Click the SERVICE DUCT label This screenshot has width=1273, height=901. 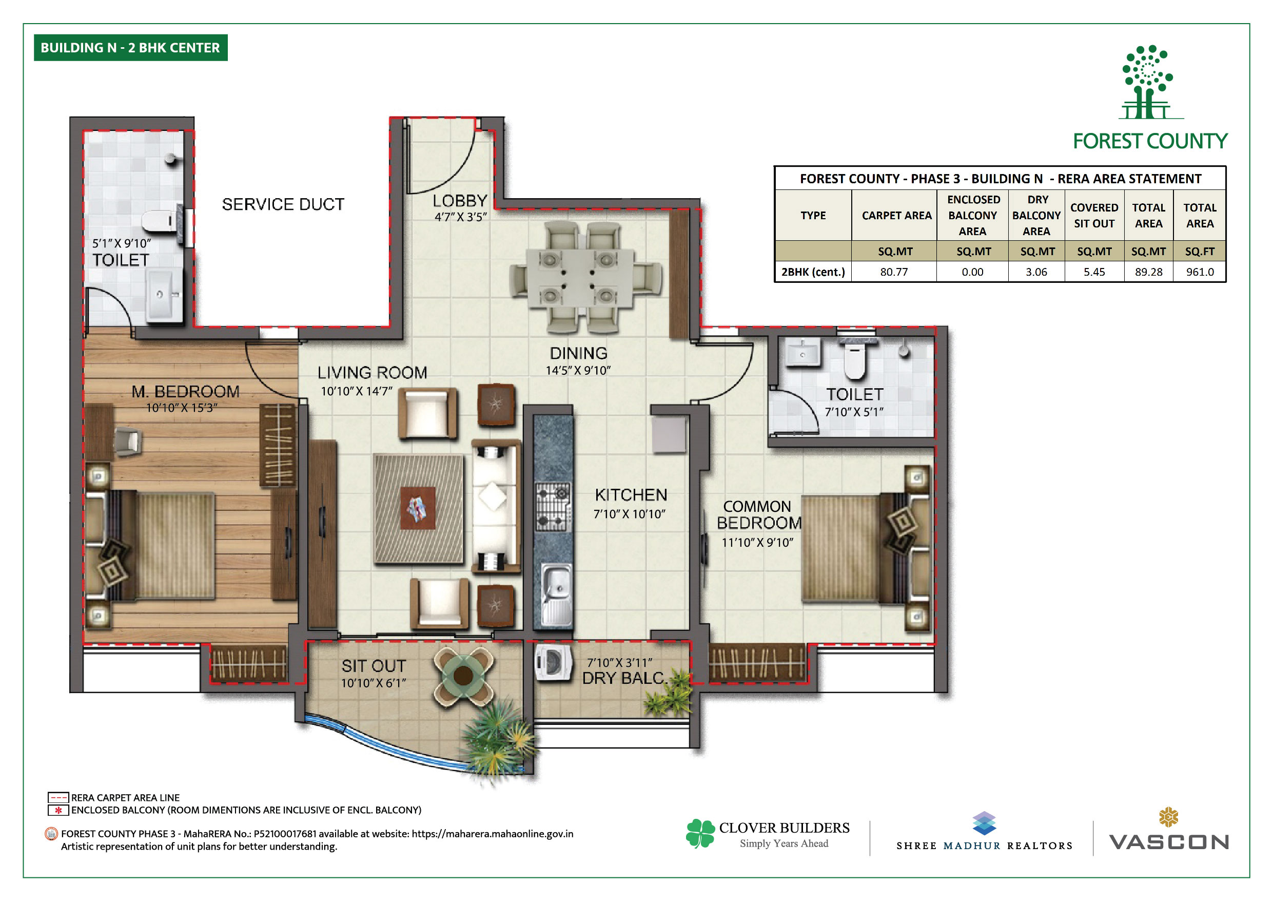tap(283, 204)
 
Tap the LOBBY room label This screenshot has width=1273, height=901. tap(460, 201)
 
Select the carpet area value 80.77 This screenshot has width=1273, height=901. tap(894, 272)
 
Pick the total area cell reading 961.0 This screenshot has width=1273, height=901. tap(1200, 272)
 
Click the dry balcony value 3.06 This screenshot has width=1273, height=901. tap(1036, 272)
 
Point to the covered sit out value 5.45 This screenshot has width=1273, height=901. tap(1094, 272)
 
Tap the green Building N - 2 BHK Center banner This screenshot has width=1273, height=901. tap(131, 48)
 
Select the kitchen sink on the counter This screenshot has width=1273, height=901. tap(556, 593)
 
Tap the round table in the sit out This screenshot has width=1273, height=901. tap(463, 675)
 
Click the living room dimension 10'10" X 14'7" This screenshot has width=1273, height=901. tap(357, 391)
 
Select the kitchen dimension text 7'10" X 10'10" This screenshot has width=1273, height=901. tap(629, 514)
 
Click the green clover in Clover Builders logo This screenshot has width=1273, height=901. tap(700, 833)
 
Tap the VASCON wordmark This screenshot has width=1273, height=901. tap(1169, 842)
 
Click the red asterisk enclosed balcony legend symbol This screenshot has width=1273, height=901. tap(58, 811)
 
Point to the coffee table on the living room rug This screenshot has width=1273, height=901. tap(418, 508)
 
